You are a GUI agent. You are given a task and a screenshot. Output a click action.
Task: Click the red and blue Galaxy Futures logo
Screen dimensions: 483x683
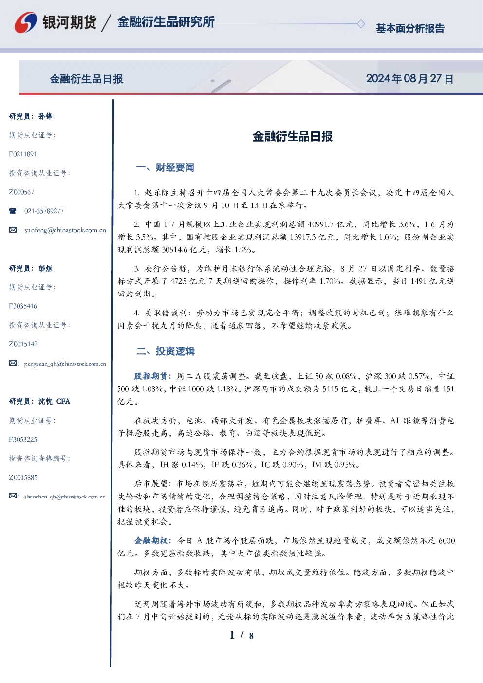[26, 22]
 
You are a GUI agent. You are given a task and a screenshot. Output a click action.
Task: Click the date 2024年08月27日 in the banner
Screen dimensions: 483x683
[409, 79]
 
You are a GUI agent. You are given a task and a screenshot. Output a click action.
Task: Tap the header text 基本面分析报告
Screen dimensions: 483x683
[410, 28]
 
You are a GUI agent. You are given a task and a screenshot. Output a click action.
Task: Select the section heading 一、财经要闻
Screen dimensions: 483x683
[165, 167]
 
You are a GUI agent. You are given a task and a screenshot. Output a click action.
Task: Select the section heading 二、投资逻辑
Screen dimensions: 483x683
[165, 351]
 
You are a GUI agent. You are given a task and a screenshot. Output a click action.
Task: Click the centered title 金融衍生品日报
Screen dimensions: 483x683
[293, 136]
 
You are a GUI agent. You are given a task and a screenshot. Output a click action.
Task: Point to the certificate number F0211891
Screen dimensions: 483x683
[23, 154]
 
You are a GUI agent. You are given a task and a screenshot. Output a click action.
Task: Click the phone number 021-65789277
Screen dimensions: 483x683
[44, 211]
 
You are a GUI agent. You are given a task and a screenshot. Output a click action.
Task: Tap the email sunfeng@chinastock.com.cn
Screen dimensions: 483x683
[65, 230]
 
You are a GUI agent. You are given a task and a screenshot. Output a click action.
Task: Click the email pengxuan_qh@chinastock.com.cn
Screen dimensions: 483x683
[65, 364]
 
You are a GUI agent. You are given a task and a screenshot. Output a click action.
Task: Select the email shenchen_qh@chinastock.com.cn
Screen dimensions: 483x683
[65, 497]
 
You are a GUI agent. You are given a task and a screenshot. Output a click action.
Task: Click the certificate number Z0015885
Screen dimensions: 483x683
[23, 478]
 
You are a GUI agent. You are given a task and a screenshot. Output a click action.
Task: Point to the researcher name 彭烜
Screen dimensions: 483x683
[45, 268]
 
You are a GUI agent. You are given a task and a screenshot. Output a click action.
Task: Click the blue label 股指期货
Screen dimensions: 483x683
[151, 376]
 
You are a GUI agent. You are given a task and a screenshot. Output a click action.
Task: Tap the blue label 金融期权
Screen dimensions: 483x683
[151, 540]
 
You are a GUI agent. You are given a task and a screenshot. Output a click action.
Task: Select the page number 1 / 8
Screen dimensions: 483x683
[241, 635]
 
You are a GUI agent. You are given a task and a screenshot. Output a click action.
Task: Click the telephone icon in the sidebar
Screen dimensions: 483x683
[13, 211]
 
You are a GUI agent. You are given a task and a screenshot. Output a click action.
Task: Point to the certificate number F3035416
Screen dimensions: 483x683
[23, 306]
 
